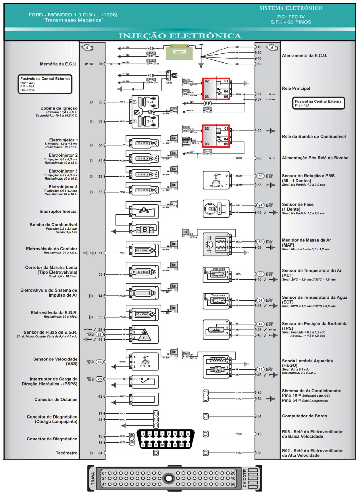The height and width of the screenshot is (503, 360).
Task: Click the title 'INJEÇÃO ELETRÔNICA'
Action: tap(180, 36)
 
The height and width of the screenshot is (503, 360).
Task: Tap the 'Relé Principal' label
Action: tap(296, 89)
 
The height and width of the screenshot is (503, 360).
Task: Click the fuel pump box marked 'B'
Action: tap(145, 230)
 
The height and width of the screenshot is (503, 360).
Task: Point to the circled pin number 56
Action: tap(260, 176)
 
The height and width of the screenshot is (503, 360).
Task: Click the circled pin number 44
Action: tap(260, 369)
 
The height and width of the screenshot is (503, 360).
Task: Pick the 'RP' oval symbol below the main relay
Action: tap(207, 104)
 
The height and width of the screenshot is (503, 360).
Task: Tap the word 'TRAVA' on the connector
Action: tap(93, 478)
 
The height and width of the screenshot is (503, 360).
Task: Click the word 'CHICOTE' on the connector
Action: tap(245, 478)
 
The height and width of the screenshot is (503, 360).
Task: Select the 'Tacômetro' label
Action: tap(67, 453)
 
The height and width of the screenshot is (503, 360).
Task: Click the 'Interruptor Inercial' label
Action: tap(59, 212)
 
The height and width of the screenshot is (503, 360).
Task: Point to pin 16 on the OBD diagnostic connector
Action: tap(188, 445)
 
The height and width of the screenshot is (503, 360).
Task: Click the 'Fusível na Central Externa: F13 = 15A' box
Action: tap(318, 103)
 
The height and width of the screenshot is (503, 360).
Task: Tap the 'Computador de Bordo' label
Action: tap(305, 416)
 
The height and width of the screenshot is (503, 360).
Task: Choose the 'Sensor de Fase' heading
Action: tap(298, 204)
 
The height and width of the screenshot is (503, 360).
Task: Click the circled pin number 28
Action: tap(99, 379)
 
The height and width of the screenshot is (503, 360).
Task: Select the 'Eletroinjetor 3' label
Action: tap(63, 171)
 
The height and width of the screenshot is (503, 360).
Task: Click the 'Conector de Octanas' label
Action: tap(56, 400)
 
